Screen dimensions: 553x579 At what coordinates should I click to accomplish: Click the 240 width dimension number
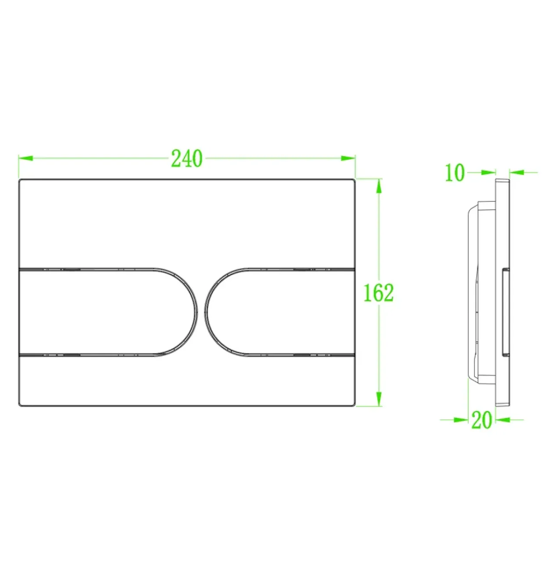click(x=187, y=159)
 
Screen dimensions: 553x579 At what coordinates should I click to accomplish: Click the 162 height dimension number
click(x=379, y=293)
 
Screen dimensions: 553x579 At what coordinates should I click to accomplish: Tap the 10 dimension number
click(x=455, y=172)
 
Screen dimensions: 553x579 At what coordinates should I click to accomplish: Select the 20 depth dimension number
click(x=482, y=420)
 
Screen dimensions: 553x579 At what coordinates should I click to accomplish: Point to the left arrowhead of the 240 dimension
click(x=25, y=158)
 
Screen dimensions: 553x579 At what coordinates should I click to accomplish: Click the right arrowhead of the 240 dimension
click(x=348, y=158)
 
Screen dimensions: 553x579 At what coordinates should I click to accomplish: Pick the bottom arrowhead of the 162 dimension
click(x=379, y=399)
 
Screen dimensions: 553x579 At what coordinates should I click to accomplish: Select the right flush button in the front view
click(x=280, y=312)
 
